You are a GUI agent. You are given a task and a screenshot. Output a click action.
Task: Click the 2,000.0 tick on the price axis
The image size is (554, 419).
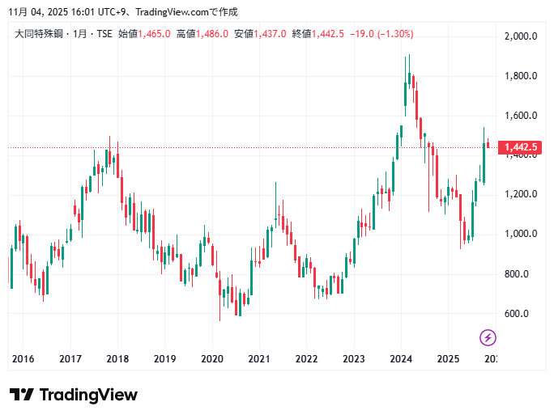[521, 36]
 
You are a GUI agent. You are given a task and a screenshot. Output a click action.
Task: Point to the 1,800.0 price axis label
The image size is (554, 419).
[521, 76]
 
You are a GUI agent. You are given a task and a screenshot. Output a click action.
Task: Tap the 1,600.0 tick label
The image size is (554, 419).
[521, 116]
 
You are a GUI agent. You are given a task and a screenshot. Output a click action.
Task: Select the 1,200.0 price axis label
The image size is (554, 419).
[521, 195]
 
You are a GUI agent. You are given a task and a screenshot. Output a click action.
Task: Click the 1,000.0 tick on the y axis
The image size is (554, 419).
[521, 235]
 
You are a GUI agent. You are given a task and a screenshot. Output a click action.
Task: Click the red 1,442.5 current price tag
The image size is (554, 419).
[521, 147]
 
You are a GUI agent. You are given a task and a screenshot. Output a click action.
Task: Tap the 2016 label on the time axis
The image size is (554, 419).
[23, 359]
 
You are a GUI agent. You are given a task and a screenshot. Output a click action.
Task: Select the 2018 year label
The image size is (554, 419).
[117, 359]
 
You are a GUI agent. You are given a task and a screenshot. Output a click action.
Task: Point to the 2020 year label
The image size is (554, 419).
[212, 359]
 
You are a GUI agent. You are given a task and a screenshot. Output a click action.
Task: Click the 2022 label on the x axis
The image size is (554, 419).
[306, 359]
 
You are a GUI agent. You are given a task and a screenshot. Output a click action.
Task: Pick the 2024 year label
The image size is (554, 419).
[401, 359]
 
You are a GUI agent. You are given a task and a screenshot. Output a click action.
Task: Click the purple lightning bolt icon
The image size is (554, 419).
[488, 337]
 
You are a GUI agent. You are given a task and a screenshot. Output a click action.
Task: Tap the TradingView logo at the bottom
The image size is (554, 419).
[74, 395]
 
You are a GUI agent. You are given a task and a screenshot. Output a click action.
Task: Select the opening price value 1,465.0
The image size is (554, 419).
[154, 34]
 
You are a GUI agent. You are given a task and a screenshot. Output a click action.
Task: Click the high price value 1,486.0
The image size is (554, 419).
[212, 34]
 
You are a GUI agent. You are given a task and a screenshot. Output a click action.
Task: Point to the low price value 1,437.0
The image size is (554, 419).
[271, 34]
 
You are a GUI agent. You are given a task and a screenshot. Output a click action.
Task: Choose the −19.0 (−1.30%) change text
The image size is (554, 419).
[381, 34]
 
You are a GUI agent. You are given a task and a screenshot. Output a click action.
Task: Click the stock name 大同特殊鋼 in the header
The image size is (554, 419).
[38, 34]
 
